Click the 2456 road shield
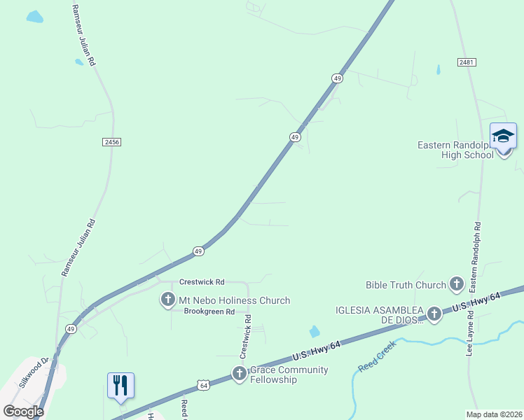[x=111, y=142]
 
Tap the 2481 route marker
[x=467, y=63]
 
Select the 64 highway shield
[x=203, y=384]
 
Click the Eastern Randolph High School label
[x=455, y=150]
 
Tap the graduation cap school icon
[x=504, y=136]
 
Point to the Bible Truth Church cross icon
[x=457, y=284]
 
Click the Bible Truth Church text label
[x=406, y=285]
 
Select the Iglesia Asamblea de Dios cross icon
[x=434, y=314]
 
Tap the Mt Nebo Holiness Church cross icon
[x=168, y=300]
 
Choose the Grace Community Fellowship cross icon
[x=240, y=374]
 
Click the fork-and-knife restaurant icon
[x=120, y=385]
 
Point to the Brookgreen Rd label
[x=209, y=312]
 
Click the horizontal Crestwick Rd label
[x=202, y=281]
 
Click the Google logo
[x=23, y=411]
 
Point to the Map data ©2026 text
[x=494, y=414]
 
